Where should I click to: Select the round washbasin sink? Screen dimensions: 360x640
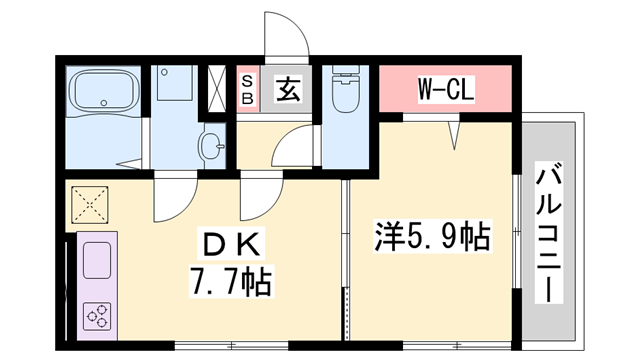pyautogui.click(x=212, y=146)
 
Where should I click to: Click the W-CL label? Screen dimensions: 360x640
pyautogui.click(x=445, y=90)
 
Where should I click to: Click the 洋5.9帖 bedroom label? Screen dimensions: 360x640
pyautogui.click(x=432, y=237)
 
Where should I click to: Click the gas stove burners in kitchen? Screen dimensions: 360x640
pyautogui.click(x=98, y=317)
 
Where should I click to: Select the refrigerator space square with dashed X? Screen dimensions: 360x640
pyautogui.click(x=90, y=207)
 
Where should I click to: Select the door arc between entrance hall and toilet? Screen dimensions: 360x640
pyautogui.click(x=292, y=146)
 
